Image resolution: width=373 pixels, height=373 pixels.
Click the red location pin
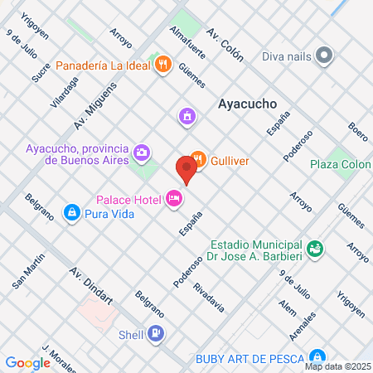click(x=186, y=169)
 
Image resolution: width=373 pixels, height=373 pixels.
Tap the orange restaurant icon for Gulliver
click(x=197, y=157)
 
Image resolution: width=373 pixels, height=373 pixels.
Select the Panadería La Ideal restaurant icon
click(x=162, y=64)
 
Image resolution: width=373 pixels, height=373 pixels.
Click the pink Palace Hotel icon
click(x=173, y=198)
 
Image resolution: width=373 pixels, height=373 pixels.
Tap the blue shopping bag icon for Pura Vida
click(x=73, y=213)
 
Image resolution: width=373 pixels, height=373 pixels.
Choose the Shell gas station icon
click(x=156, y=334)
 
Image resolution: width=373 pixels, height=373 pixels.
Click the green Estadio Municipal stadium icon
click(x=314, y=247)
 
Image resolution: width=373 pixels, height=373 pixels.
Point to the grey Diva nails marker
click(x=323, y=56)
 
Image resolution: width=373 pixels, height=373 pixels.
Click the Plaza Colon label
click(x=340, y=164)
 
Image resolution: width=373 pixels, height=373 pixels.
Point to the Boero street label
click(x=357, y=131)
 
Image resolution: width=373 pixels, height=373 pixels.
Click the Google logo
click(x=27, y=362)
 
